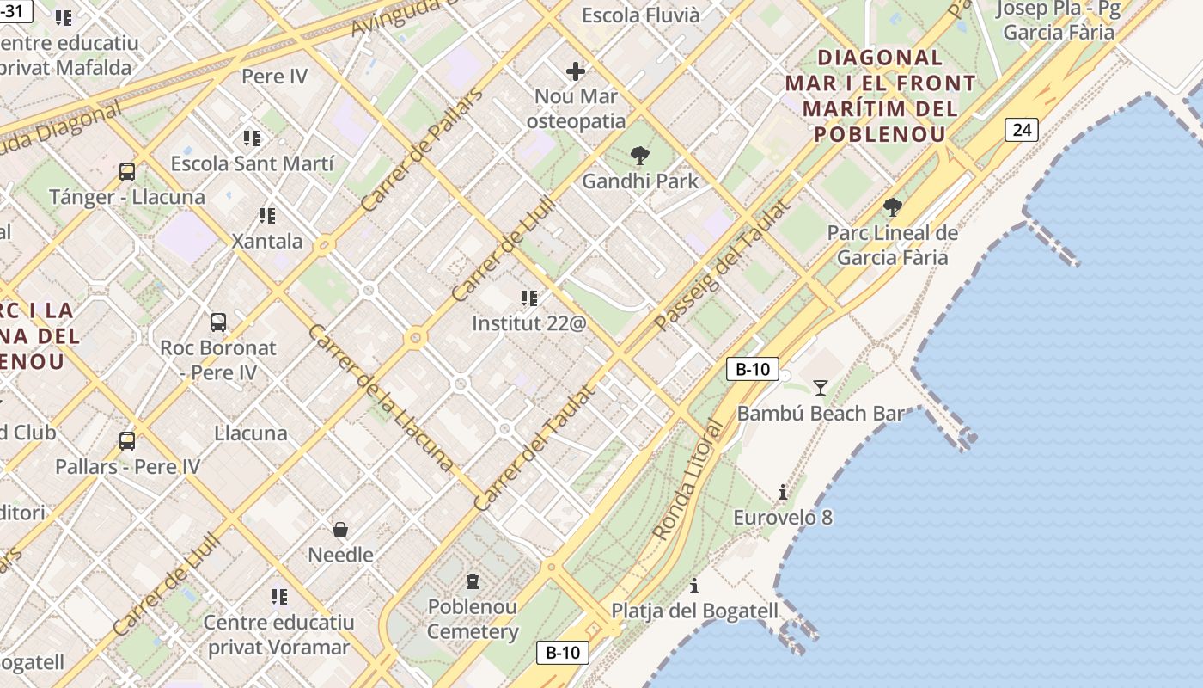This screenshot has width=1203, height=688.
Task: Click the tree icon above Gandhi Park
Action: [639, 156]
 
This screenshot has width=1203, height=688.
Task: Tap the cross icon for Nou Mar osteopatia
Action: [576, 71]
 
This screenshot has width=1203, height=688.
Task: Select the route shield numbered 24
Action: [1022, 130]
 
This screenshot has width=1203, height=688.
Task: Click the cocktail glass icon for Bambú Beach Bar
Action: [821, 387]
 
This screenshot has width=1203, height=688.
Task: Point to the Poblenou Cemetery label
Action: [473, 619]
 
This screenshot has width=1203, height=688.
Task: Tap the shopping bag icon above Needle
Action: [340, 529]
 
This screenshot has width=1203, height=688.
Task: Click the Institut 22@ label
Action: [528, 323]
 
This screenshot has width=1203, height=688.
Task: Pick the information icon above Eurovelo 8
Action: [783, 492]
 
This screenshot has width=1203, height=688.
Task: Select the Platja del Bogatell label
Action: [694, 611]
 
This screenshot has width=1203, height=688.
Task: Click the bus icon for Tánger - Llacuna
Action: [127, 171]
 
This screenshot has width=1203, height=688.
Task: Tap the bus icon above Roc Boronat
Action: [218, 322]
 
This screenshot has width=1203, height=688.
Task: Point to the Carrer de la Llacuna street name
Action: [380, 397]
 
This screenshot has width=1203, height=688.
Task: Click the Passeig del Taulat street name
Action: [721, 266]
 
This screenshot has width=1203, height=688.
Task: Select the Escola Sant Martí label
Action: [252, 163]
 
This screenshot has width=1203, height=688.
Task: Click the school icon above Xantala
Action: [267, 215]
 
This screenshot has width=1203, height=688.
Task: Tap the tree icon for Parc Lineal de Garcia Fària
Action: [893, 206]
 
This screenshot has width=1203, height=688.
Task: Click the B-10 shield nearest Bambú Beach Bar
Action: [752, 370]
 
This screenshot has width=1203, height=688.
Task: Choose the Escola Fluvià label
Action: [641, 15]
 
